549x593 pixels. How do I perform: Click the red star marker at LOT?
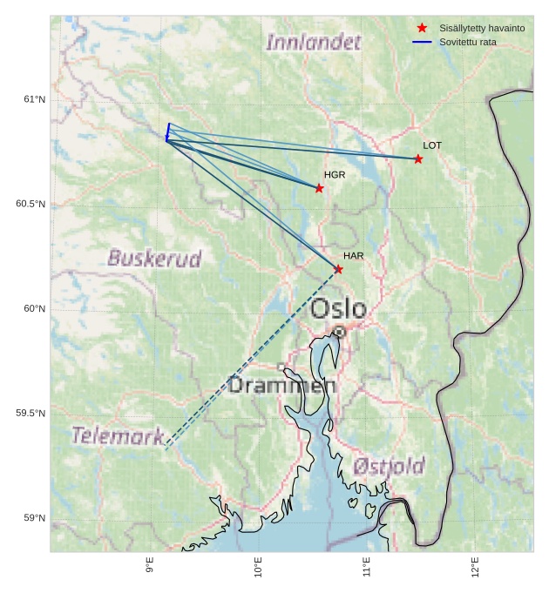418,158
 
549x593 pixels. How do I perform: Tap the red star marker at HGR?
319,188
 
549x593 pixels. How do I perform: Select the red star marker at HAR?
338,269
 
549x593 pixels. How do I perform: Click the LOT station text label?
432,145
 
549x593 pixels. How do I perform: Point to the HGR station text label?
335,175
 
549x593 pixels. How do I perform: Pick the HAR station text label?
353,256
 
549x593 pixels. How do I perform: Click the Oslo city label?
338,308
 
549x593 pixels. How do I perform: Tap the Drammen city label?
282,385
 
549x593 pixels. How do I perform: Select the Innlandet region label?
313,42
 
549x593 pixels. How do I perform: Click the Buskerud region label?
154,259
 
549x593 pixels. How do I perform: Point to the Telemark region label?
118,435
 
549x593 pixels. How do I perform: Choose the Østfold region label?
389,466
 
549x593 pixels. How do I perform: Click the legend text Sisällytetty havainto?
482,28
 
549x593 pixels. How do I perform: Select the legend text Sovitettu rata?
468,42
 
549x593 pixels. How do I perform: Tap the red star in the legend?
422,28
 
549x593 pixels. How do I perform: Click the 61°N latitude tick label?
34,99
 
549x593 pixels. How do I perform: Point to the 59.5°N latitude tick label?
30,413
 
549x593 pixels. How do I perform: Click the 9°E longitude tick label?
150,566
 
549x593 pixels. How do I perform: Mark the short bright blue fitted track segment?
167,131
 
